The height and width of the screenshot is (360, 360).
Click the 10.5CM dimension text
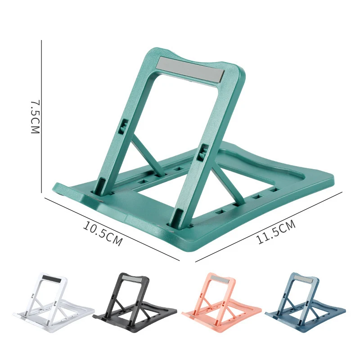click(103, 233)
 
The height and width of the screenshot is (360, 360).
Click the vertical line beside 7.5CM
click(42, 117)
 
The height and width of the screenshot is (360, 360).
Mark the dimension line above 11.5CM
click(270, 225)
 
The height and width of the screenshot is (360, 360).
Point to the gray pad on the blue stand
click(300, 279)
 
